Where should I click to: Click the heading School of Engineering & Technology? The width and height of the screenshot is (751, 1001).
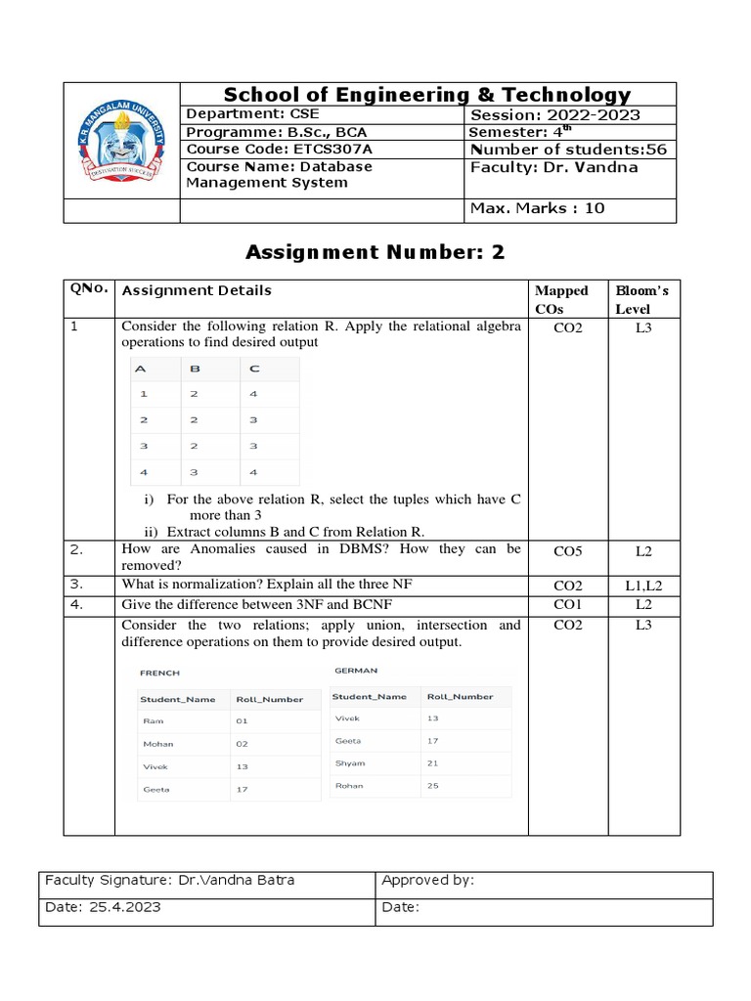pyautogui.click(x=427, y=95)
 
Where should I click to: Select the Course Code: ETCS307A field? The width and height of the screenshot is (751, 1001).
pyautogui.click(x=280, y=150)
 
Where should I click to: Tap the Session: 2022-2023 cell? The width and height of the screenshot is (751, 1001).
pyautogui.click(x=554, y=115)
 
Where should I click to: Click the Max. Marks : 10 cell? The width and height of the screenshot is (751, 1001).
pyautogui.click(x=537, y=208)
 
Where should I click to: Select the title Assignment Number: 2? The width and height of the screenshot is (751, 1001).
pyautogui.click(x=375, y=252)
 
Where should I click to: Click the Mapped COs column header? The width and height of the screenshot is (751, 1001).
pyautogui.click(x=561, y=299)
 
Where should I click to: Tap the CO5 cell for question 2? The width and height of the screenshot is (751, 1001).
pyautogui.click(x=567, y=551)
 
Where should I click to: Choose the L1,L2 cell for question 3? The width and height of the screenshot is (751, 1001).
pyautogui.click(x=642, y=586)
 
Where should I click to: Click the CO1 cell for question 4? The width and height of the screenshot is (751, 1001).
pyautogui.click(x=567, y=605)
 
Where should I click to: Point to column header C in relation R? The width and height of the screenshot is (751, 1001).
pyautogui.click(x=255, y=369)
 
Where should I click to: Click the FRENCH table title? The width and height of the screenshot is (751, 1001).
pyautogui.click(x=159, y=673)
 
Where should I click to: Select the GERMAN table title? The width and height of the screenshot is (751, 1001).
pyautogui.click(x=356, y=671)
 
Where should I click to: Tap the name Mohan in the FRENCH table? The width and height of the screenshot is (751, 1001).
pyautogui.click(x=157, y=744)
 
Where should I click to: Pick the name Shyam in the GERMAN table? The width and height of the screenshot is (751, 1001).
pyautogui.click(x=349, y=763)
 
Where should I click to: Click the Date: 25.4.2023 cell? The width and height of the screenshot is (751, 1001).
pyautogui.click(x=104, y=907)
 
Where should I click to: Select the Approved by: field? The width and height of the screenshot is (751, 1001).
pyautogui.click(x=427, y=880)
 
